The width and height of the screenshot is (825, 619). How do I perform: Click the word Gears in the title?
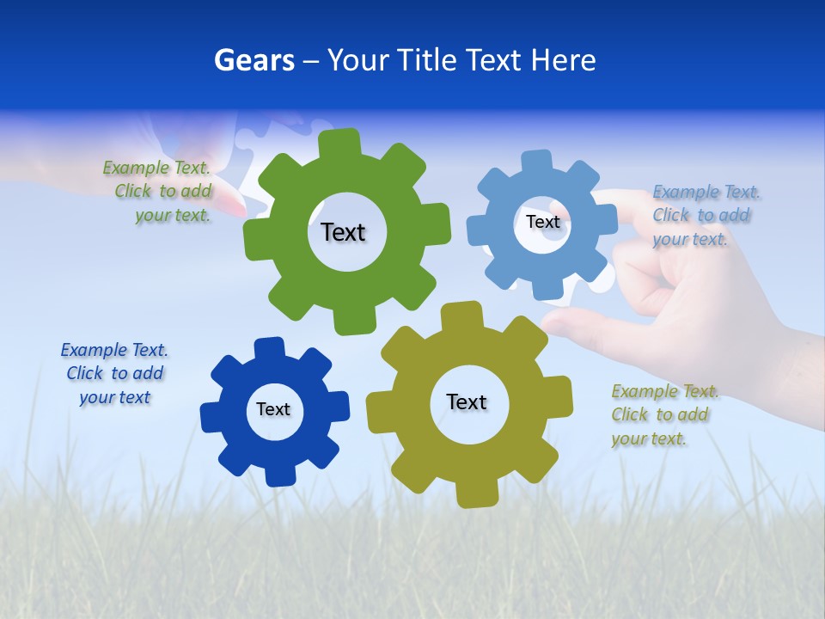coord(254,60)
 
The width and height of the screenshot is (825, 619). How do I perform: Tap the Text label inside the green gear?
coord(343,232)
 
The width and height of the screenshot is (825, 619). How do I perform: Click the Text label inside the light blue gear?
coord(542,222)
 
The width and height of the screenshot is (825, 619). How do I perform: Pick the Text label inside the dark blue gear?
coord(273,409)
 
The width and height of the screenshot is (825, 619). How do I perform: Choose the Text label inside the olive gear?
coord(467,401)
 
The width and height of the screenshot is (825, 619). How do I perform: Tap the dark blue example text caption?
coord(114,373)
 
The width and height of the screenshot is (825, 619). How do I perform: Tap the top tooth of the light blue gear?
coord(537,162)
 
